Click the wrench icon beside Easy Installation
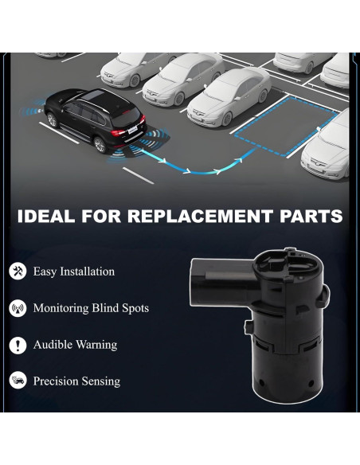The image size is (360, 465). pos(18,271)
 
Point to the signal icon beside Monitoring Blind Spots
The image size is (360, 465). pos(18,308)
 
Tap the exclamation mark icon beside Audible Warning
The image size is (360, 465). pos(18,345)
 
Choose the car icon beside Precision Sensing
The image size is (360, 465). pos(18,381)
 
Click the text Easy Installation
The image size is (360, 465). pos(73,272)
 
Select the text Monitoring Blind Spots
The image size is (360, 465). pos(91,308)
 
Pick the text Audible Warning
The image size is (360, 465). pos(75,345)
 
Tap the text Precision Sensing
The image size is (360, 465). pos(76,381)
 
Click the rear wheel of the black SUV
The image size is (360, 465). pos(100,145)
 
